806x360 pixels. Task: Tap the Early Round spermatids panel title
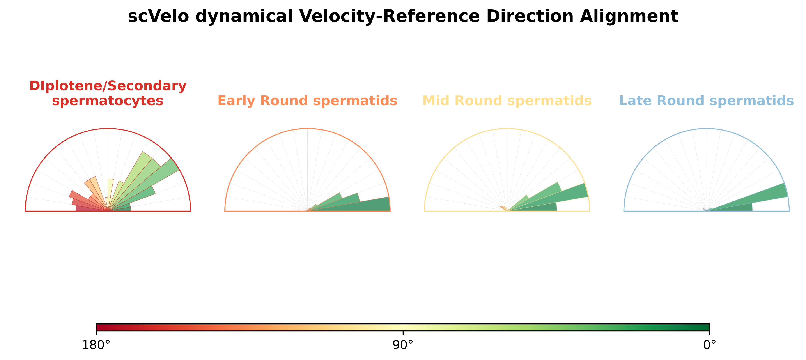[307, 101]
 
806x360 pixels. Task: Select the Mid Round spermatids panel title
[507, 101]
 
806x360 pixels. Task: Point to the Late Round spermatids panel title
[707, 101]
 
